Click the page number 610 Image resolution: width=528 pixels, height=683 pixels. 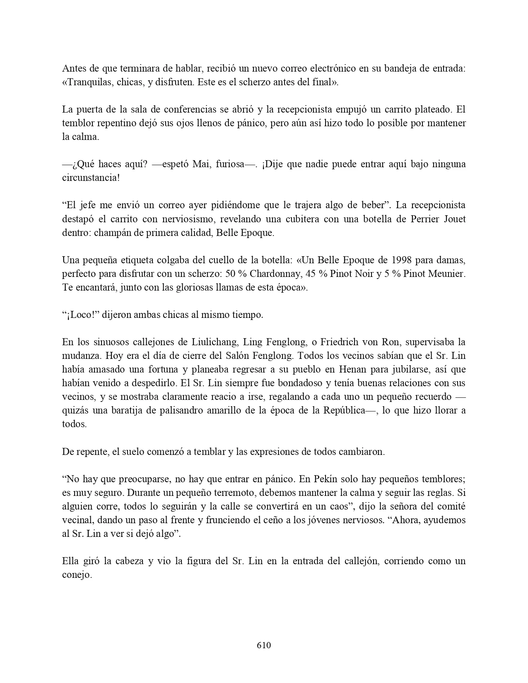point(264,645)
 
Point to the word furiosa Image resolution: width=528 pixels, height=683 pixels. point(233,164)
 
